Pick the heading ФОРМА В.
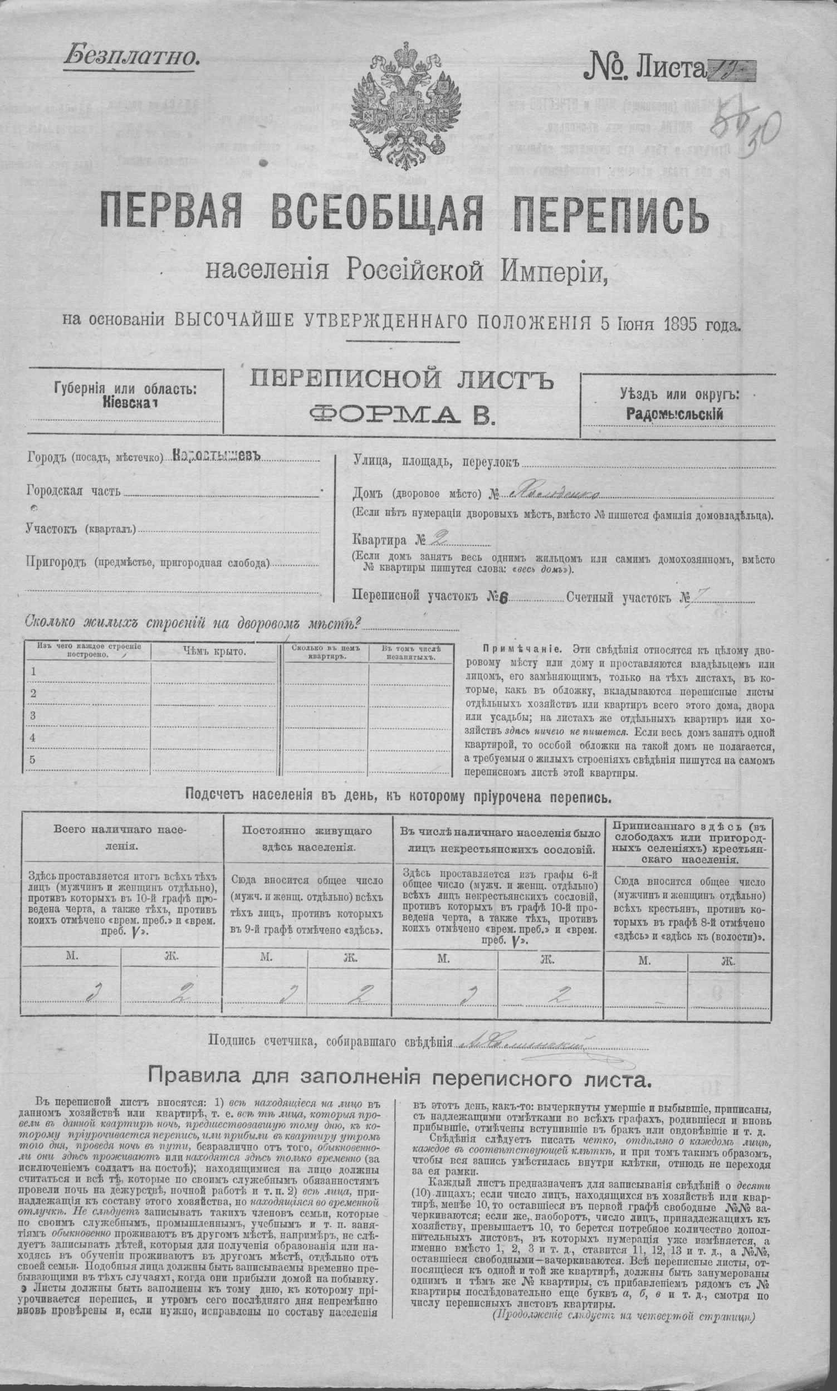pos(402,414)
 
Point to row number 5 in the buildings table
pos(33,759)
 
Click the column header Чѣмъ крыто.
pos(214,652)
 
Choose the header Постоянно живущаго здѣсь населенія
pos(307,839)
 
